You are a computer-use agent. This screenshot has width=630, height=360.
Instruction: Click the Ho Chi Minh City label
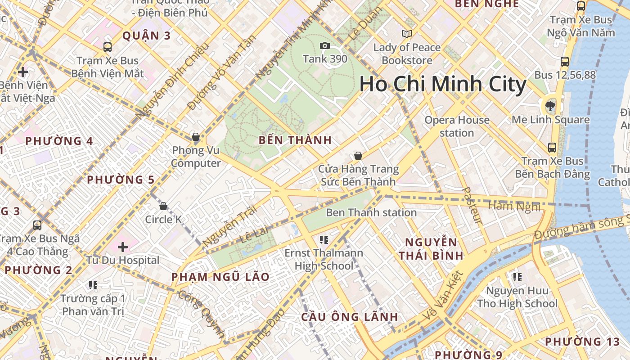pos(443,85)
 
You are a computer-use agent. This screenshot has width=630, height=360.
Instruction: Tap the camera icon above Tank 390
pos(324,45)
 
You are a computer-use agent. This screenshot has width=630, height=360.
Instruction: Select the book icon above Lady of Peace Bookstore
pos(407,34)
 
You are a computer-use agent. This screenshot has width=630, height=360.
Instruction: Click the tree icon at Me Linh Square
pos(550,106)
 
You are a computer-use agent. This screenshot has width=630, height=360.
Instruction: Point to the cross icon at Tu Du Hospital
pos(123,247)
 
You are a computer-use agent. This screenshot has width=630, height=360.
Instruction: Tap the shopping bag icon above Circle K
pos(163,206)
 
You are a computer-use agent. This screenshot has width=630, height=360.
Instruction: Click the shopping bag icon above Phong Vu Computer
pos(196,137)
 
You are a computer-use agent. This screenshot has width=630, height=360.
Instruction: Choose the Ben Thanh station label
pos(371,212)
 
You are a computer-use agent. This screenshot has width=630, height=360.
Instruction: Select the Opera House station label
pos(457,126)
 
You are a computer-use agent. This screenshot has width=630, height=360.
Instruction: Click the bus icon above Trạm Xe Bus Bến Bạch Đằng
pos(552,147)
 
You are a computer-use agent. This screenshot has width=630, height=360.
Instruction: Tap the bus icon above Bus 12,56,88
pos(565,62)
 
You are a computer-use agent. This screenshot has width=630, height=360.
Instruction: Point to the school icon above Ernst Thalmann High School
pos(324,239)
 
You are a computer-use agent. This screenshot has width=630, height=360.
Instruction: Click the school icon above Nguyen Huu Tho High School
pos(517,277)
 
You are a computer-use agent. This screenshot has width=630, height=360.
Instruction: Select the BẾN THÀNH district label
pos(295,140)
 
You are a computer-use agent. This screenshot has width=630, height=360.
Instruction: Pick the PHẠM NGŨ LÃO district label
pos(220,277)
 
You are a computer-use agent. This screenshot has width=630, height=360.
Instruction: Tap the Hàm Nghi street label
pos(514,206)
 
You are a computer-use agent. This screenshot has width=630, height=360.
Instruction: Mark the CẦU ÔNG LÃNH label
pos(350,317)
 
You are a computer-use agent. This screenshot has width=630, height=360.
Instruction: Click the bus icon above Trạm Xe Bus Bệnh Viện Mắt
pos(108,47)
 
